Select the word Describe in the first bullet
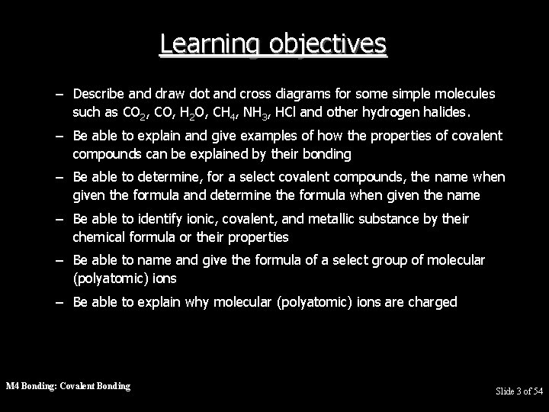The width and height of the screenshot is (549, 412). [101, 94]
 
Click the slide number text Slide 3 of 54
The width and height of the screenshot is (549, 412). [519, 391]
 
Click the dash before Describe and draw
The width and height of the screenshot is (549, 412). [59, 94]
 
